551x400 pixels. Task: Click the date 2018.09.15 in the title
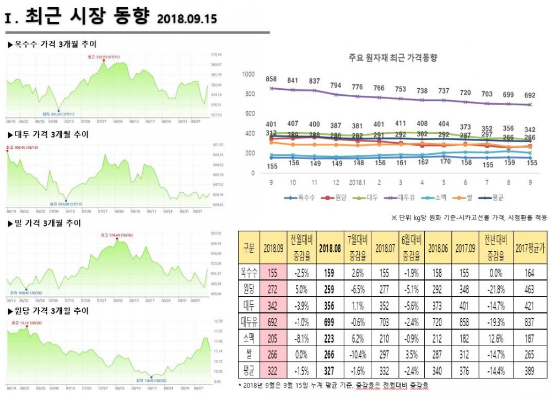pos(187,19)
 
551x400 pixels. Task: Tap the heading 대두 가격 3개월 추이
pos(49,134)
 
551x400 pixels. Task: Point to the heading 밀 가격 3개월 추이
pos(45,223)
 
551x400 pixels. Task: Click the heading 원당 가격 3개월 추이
pos(49,311)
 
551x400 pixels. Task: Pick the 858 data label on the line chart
pos(271,79)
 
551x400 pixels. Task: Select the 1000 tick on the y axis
pos(248,74)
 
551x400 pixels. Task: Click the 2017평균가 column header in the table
pos(529,247)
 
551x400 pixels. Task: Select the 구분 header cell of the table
pos(249,247)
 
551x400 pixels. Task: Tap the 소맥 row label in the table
pos(249,336)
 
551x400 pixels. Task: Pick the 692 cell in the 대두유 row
pos(272,320)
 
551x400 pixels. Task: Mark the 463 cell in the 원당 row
pos(529,288)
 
